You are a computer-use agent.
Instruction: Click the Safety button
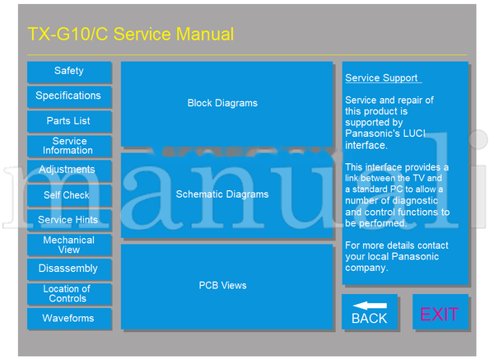69,72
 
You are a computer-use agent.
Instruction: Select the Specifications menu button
69,96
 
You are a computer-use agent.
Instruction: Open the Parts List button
69,121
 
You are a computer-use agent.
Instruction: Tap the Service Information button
69,146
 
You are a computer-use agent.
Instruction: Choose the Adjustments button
69,170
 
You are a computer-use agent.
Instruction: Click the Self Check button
69,195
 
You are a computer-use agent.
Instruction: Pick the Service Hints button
69,220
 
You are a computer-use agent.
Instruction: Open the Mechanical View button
69,245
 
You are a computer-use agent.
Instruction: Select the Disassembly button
69,269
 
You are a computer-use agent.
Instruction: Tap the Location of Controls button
69,294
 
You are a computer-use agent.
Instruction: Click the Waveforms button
69,318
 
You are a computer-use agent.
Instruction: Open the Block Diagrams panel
222,103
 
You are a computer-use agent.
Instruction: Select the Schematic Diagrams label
222,194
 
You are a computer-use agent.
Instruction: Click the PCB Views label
222,286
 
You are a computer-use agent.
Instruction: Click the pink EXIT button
440,314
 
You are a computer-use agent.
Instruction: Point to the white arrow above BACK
369,306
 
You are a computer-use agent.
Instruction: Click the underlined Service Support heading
383,78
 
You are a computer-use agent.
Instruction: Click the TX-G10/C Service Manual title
131,35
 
